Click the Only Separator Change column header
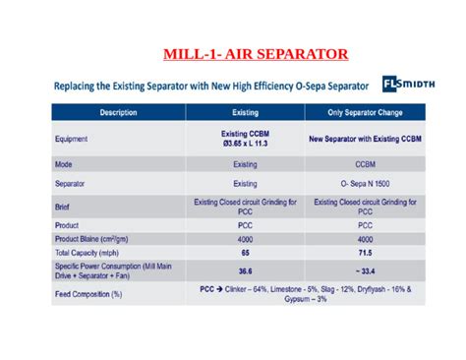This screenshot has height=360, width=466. pyautogui.click(x=365, y=113)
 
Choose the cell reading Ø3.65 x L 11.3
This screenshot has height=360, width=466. pyautogui.click(x=245, y=145)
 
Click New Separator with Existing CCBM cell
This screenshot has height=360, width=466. pyautogui.click(x=365, y=140)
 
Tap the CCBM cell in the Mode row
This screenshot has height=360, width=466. pyautogui.click(x=365, y=165)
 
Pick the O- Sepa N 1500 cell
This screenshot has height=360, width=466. pyautogui.click(x=365, y=184)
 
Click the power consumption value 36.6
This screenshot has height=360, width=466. pyautogui.click(x=245, y=271)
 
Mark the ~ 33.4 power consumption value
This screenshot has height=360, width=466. pyautogui.click(x=365, y=271)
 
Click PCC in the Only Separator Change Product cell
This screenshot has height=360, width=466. pyautogui.click(x=365, y=225)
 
